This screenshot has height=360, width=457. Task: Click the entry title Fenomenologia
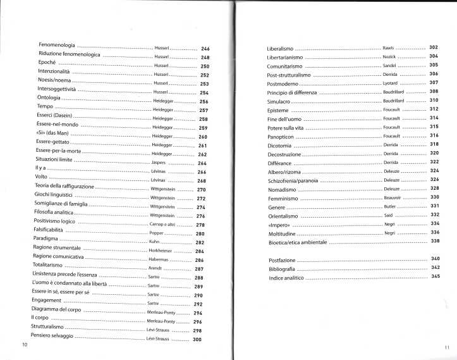[x=57, y=46]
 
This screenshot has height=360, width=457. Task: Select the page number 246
[x=205, y=49]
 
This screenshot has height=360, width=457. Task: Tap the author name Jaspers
[x=158, y=162]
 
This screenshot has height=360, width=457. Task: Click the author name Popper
[x=157, y=233]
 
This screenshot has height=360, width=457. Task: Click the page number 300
[x=197, y=340]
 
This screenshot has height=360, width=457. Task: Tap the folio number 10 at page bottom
[x=25, y=344]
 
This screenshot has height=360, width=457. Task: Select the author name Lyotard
[x=391, y=83]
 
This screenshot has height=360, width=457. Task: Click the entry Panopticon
[x=282, y=136]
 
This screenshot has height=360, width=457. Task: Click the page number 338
[x=434, y=241]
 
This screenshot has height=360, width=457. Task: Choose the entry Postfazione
[x=281, y=260]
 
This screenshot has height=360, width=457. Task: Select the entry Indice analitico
[x=286, y=278]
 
